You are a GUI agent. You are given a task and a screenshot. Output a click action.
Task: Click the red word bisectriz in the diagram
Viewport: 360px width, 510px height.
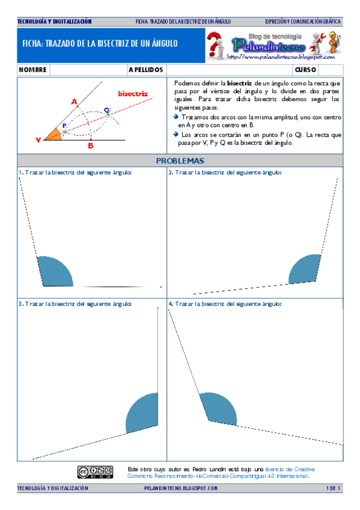pyautogui.click(x=133, y=94)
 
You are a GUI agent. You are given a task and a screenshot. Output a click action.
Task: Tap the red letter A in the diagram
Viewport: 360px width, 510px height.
pyautogui.click(x=75, y=102)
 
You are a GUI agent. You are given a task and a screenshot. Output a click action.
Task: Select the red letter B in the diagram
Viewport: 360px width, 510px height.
pyautogui.click(x=91, y=146)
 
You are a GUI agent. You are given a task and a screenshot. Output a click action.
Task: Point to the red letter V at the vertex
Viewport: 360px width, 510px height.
pyautogui.click(x=38, y=140)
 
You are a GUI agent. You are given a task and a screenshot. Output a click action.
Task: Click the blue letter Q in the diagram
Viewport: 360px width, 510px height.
pyautogui.click(x=106, y=109)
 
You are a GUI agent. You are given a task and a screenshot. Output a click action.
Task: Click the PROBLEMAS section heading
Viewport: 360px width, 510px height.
pyautogui.click(x=180, y=161)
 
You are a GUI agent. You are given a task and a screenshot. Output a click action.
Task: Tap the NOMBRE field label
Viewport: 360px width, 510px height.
pyautogui.click(x=33, y=70)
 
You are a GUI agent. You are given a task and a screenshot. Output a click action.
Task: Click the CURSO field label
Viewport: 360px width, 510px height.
pyautogui.click(x=305, y=70)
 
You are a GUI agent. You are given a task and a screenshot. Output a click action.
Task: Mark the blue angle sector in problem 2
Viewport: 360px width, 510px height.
pyautogui.click(x=306, y=268)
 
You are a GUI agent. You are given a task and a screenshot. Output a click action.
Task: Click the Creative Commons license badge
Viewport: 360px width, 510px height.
pyautogui.click(x=94, y=471)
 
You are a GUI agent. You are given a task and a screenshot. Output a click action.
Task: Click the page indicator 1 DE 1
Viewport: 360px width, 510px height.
pyautogui.click(x=334, y=488)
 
